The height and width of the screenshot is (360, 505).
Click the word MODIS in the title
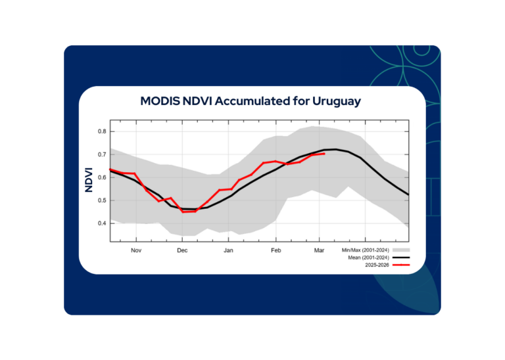[161, 101]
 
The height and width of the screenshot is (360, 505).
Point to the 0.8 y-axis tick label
[102, 131]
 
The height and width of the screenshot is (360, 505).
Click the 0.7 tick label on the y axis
[102, 154]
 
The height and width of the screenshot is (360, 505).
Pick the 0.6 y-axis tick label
[102, 177]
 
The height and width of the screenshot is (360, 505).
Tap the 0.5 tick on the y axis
[102, 200]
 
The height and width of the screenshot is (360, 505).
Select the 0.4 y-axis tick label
[102, 223]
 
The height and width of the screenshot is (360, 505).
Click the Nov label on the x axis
[136, 250]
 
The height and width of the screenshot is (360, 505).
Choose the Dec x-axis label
[182, 250]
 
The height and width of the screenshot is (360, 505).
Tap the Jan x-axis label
[229, 250]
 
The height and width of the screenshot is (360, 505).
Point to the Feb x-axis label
[276, 250]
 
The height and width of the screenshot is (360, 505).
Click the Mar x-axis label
[320, 250]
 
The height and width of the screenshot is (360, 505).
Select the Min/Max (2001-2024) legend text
[366, 250]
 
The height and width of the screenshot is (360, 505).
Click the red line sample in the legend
[401, 265]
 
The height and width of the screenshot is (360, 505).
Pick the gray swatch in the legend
[401, 250]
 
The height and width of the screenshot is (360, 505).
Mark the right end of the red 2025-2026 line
[324, 154]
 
